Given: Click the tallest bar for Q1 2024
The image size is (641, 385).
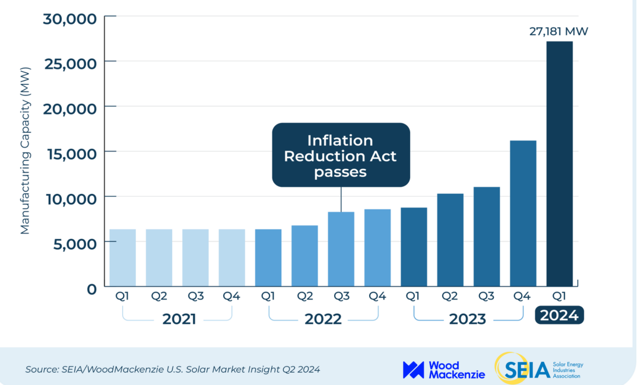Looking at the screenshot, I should point(559,163).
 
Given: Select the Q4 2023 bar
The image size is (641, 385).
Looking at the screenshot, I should point(523,214).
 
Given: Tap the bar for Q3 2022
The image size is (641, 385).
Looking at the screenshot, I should point(341,249).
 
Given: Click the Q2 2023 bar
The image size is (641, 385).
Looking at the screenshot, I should point(450,240).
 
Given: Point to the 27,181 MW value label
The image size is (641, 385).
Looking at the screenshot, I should point(559,31).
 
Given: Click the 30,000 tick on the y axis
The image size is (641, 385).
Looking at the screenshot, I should point(70,19).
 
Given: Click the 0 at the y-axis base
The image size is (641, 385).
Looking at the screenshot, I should point(91,289).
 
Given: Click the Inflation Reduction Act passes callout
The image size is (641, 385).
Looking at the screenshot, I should point(340,155).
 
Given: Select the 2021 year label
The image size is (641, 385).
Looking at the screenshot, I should point(179,319).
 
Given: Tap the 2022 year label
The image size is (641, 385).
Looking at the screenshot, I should point(323,319).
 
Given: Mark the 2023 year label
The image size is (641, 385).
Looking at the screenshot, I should point(467,319).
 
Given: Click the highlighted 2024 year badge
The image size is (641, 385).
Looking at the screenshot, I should point(559,315).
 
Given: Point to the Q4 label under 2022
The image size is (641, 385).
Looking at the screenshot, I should point(377,295).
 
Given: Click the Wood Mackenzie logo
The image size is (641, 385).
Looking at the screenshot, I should point(443,369).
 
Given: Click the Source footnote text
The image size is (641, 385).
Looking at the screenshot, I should point(173,369).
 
